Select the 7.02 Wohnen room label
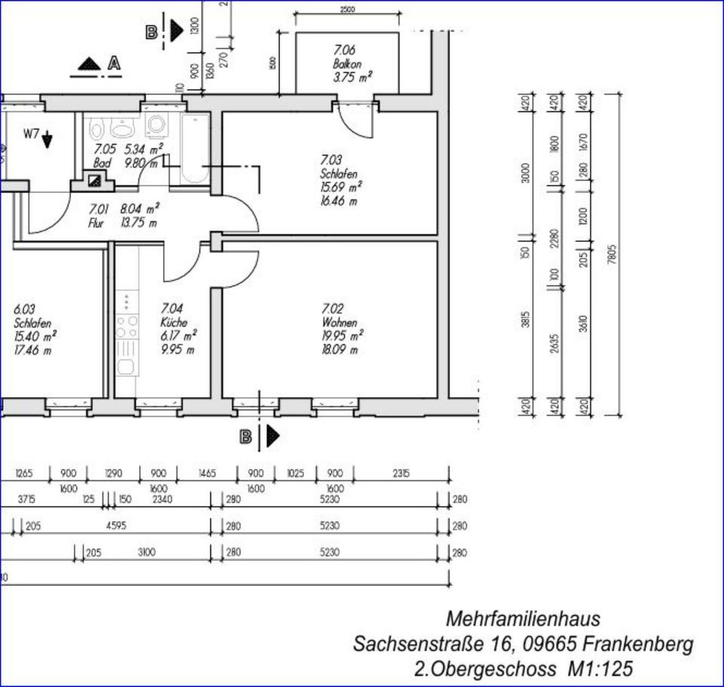point(342,329)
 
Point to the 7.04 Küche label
point(179,329)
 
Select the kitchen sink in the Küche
point(126,367)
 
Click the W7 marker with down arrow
point(38,136)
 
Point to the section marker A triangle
point(90,65)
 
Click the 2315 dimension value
point(400,474)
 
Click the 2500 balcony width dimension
point(346,10)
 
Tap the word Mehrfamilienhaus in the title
point(523,619)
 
